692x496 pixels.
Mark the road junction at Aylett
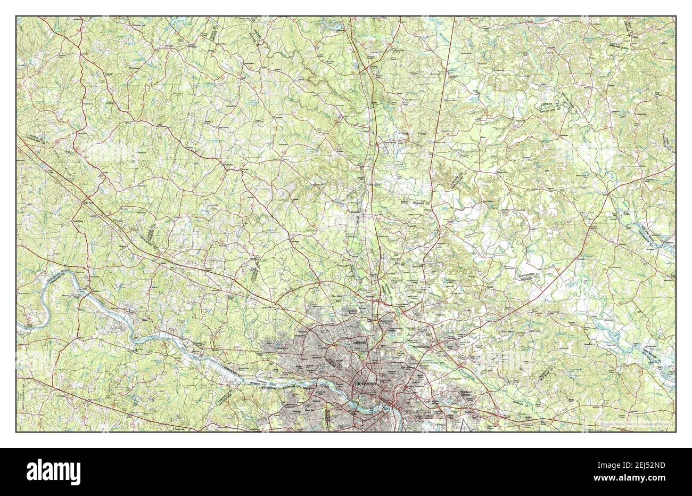point(608,193)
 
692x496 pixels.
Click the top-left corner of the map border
point(17,17)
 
